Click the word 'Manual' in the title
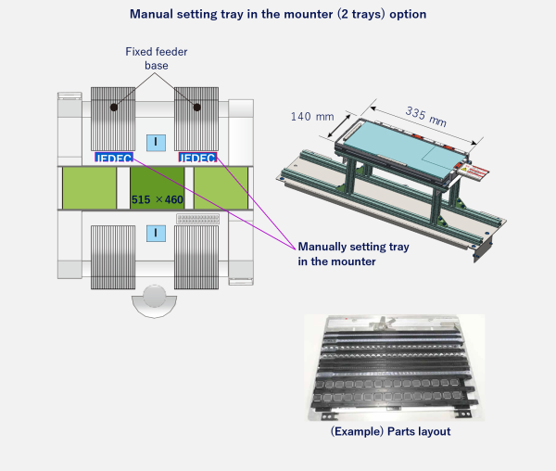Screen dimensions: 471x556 pyautogui.click(x=155, y=14)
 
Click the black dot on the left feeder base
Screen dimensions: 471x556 pyautogui.click(x=114, y=108)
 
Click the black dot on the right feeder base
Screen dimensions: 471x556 pyautogui.click(x=196, y=108)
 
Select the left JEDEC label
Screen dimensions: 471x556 pyautogui.click(x=113, y=158)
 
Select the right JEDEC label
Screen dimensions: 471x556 pyautogui.click(x=196, y=158)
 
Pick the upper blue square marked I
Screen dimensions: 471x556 pyautogui.click(x=156, y=142)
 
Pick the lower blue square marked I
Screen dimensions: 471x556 pyautogui.click(x=156, y=232)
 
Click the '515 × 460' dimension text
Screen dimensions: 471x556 pyautogui.click(x=158, y=198)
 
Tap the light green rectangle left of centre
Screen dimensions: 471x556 pyautogui.click(x=89, y=188)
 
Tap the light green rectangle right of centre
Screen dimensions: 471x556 pyautogui.click(x=221, y=188)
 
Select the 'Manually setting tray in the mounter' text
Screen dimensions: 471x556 pyautogui.click(x=351, y=254)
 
